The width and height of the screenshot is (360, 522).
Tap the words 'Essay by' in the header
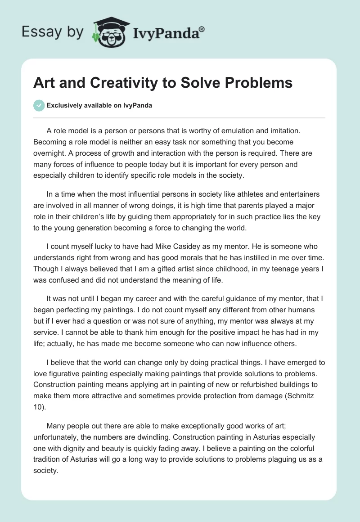tap(53, 32)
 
